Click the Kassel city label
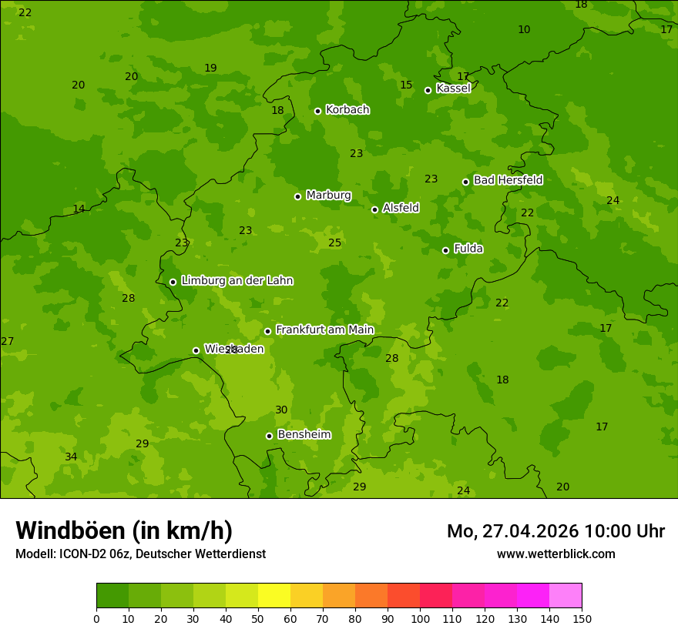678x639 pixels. pyautogui.click(x=453, y=89)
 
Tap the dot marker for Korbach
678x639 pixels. pyautogui.click(x=317, y=111)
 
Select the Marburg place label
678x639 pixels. pyautogui.click(x=328, y=196)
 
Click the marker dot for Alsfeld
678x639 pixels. pyautogui.click(x=374, y=209)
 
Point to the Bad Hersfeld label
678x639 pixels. pyautogui.click(x=508, y=180)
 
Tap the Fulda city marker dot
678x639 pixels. pyautogui.click(x=445, y=250)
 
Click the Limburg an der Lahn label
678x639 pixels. pyautogui.click(x=237, y=281)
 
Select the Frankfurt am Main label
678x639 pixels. pyautogui.click(x=324, y=330)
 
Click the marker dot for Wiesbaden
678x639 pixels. pyautogui.click(x=196, y=350)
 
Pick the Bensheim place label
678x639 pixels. pyautogui.click(x=304, y=435)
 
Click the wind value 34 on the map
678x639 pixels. pyautogui.click(x=71, y=457)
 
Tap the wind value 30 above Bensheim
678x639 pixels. pyautogui.click(x=281, y=410)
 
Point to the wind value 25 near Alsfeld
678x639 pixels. pyautogui.click(x=334, y=243)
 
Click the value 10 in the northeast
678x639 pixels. pyautogui.click(x=524, y=30)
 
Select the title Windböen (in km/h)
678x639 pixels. pyautogui.click(x=124, y=530)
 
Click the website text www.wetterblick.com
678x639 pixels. pyautogui.click(x=555, y=554)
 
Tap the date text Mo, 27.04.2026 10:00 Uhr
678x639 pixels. pyautogui.click(x=555, y=531)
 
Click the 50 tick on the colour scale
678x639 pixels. pyautogui.click(x=258, y=619)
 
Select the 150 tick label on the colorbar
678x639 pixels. pyautogui.click(x=582, y=619)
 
